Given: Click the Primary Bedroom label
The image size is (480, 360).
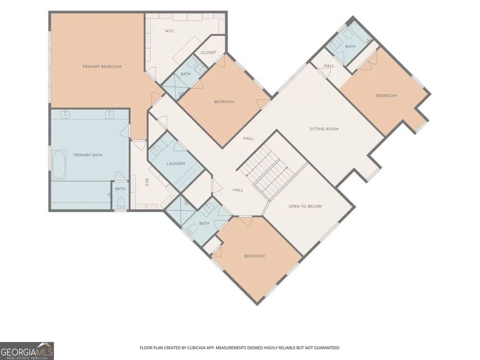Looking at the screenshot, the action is [102, 66].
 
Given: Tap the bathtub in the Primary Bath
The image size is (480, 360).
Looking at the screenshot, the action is [59, 165].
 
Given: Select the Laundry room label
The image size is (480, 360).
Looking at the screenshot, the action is [176, 164].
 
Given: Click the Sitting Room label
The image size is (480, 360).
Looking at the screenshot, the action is [324, 129].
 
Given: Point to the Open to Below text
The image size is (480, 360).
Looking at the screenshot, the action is [305, 206].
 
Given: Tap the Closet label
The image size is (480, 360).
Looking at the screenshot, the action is [208, 53].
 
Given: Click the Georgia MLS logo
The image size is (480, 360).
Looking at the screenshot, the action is [27, 351].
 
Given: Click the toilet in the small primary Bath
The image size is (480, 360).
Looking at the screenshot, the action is [121, 203].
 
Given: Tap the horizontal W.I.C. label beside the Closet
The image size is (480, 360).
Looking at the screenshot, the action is [169, 31].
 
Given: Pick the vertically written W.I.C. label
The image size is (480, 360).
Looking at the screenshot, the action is [147, 183].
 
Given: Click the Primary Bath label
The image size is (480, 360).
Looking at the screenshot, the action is [88, 155].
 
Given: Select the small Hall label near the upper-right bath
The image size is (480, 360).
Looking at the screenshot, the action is [329, 66].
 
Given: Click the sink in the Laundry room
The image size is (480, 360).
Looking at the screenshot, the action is [156, 150].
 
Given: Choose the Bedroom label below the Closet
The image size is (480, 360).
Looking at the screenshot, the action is [224, 102].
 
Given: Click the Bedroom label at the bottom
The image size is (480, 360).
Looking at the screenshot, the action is [254, 256].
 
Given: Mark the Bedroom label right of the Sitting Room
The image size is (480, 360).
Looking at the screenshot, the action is [386, 96].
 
